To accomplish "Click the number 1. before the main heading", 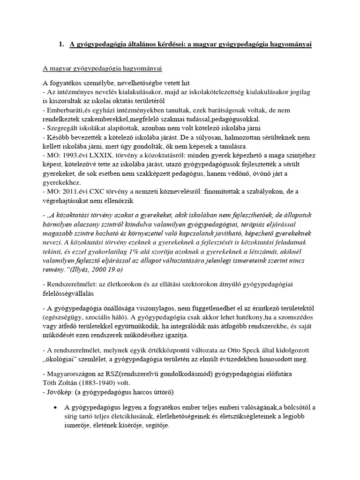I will (x=61, y=45).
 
